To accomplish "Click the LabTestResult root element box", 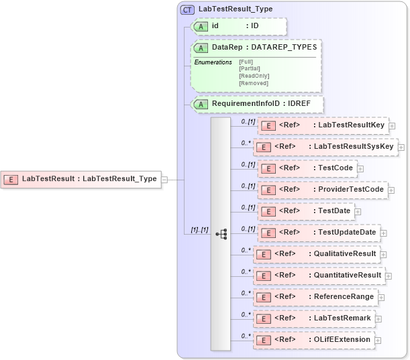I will tap(81, 179).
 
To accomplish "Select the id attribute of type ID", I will tap(239, 26).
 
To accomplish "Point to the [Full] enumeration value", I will tap(246, 62).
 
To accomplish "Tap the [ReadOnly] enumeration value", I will tap(254, 76).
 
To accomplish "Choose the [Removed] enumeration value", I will tap(253, 83).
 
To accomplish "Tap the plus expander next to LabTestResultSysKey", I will tap(401, 147).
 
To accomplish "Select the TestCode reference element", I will tap(307, 168).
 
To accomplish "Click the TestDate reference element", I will tap(305, 211).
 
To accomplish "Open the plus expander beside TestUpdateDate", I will tap(384, 233).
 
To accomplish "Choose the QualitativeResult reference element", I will tap(317, 254).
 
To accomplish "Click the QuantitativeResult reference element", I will tap(319, 276).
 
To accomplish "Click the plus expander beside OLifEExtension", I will tap(378, 340).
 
